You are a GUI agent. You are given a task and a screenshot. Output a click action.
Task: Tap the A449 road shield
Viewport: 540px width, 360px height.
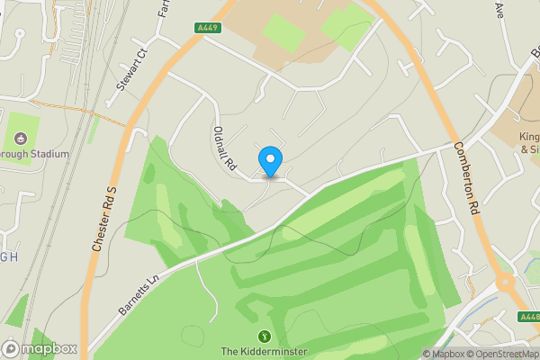coord(208,29)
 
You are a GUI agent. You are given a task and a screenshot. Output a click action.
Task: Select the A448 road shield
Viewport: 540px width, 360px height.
coord(530,316)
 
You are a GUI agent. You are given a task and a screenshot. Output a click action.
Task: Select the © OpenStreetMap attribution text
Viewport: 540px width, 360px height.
coord(504,354)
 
